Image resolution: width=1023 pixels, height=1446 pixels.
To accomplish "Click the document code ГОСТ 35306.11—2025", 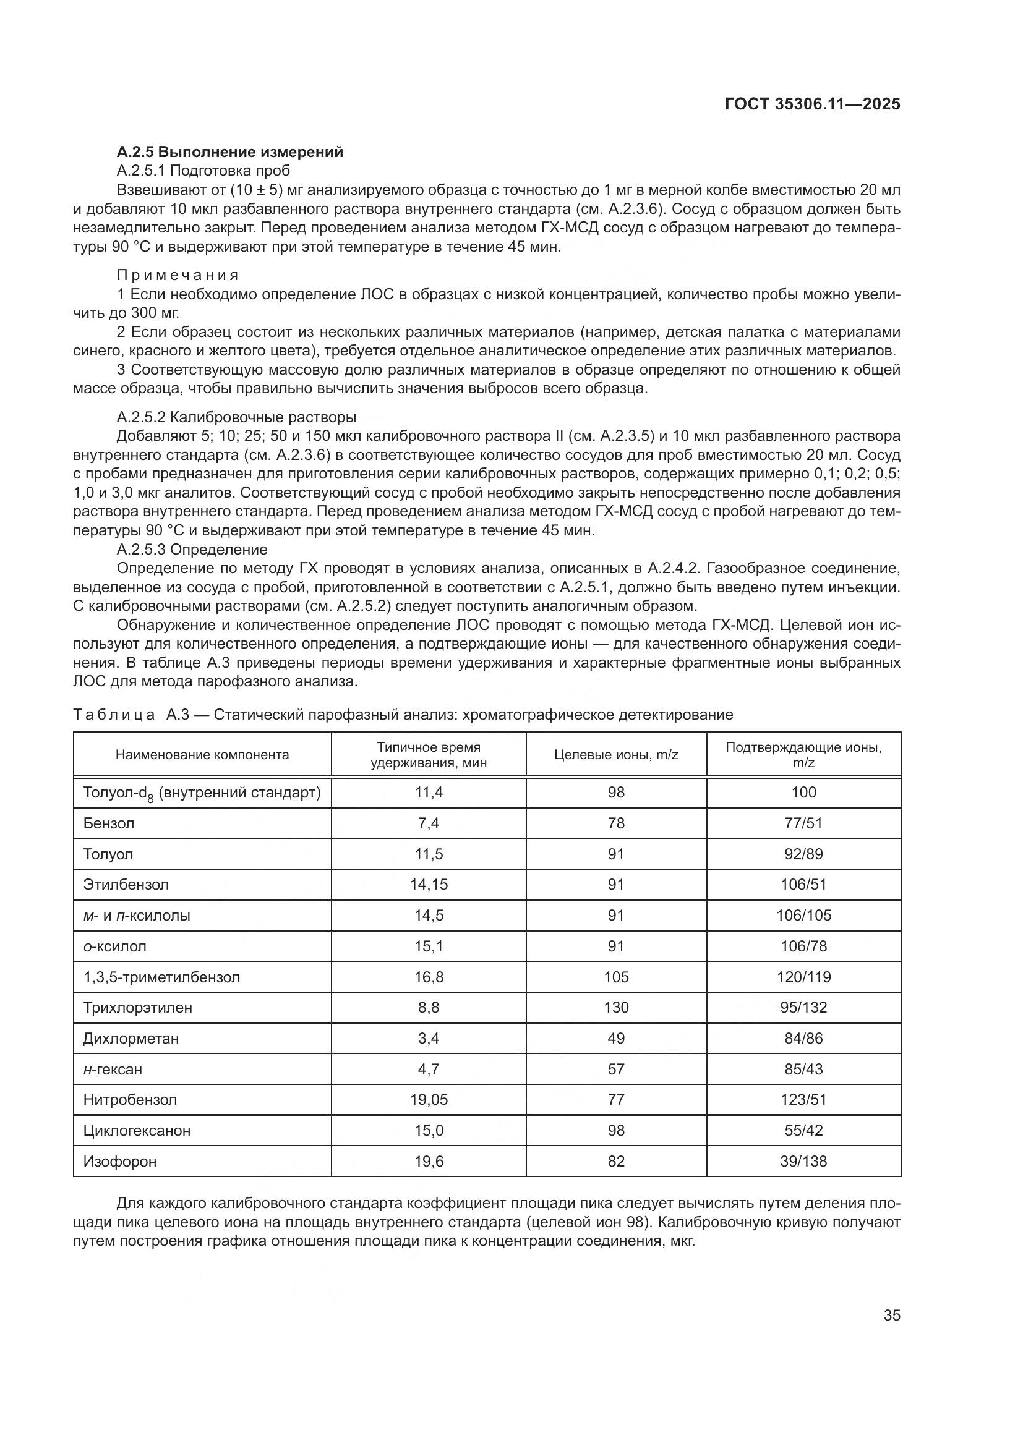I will point(812,104).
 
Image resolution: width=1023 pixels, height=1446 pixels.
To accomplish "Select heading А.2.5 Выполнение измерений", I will point(230,152).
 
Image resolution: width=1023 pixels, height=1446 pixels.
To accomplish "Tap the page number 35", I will point(891,1315).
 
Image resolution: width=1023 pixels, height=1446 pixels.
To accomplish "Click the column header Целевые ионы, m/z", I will point(615,754).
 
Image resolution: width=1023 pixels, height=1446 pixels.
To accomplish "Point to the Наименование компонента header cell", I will point(202,754).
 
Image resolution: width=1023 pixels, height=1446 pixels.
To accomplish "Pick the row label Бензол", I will point(109,823).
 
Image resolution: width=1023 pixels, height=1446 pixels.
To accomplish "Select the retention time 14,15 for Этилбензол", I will point(429,884).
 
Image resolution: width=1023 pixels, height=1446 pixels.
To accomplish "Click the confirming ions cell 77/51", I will point(803,823).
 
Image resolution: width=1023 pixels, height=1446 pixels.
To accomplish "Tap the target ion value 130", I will point(615,1007).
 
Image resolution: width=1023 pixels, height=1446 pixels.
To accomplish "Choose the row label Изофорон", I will point(120,1161).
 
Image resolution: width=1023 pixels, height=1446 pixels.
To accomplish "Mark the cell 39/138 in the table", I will point(803,1161).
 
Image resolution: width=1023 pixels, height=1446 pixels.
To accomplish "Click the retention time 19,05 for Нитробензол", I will point(429,1100).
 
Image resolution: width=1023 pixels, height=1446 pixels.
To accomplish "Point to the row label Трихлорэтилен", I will point(138,1007).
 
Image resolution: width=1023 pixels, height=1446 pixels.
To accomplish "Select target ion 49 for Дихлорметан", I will point(615,1038).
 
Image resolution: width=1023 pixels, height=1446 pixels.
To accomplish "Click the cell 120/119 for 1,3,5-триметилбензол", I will point(803,977).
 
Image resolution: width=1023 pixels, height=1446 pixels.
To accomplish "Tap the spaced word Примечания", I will point(178,275).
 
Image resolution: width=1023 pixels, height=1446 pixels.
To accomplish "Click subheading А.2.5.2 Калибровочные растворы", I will point(236,417).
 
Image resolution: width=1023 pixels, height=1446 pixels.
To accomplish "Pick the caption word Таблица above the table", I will point(114,714).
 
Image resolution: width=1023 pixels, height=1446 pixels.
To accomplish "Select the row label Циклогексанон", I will point(137,1130).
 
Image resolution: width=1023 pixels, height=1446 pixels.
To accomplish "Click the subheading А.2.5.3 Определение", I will point(192,549).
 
